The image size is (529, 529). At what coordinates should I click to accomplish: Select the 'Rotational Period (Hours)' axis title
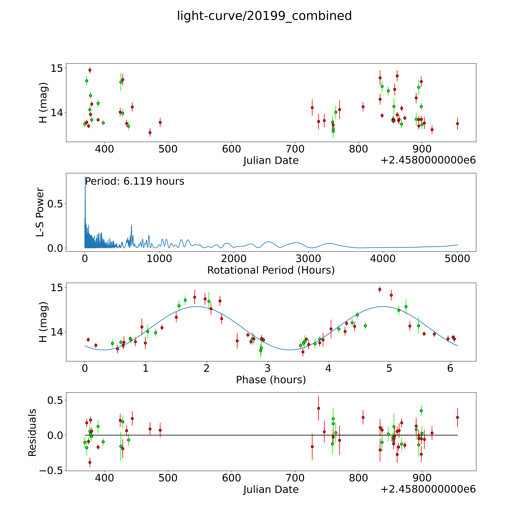point(271,270)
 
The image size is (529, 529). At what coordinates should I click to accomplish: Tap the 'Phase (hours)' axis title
point(271,380)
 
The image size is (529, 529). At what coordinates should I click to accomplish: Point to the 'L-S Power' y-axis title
point(40,212)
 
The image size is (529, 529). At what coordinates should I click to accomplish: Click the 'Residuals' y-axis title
point(32,433)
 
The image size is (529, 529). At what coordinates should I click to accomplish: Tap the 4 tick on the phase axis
point(328,368)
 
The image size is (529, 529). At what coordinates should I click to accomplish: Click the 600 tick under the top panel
point(232,149)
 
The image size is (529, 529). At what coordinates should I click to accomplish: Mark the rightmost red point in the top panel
point(457,124)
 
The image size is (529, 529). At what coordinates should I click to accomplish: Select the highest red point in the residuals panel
point(318,408)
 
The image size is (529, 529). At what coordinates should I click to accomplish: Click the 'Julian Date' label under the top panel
point(271,160)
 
